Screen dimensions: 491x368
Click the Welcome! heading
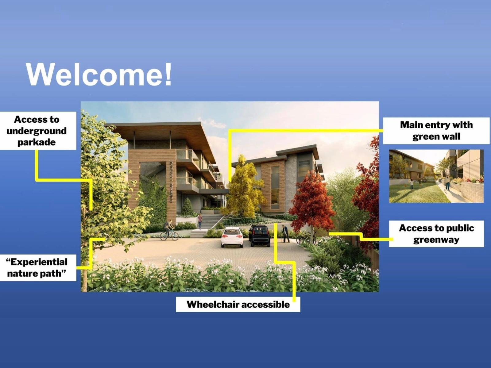99,74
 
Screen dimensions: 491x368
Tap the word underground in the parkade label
37,131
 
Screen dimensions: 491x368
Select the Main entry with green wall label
436,131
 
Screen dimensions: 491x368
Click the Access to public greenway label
436,234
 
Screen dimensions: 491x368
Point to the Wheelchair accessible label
238,304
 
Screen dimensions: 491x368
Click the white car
232,237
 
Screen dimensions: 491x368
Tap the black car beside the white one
260,236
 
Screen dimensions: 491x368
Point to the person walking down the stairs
200,221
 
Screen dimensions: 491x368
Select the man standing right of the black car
285,234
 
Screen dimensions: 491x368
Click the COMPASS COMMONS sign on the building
171,182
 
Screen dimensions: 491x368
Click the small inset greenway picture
436,176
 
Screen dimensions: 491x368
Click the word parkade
37,143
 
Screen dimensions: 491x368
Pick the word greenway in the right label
436,240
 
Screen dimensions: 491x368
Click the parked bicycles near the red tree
307,238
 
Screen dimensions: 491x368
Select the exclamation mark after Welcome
168,74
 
